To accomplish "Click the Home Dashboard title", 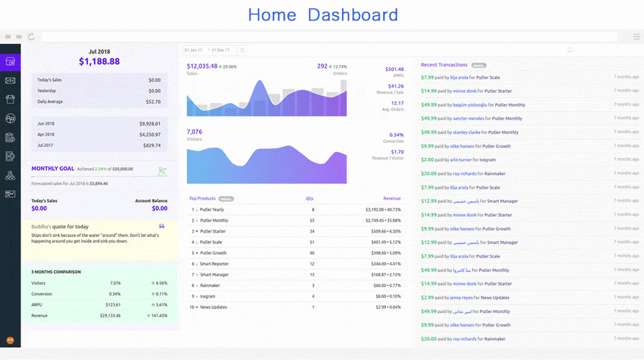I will click(x=323, y=15).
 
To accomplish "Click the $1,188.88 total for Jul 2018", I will click(x=99, y=62).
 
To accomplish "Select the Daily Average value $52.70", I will click(x=153, y=102).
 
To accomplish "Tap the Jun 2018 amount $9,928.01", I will click(x=149, y=124).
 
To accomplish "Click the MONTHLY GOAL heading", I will click(x=53, y=169).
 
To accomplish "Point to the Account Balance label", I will click(x=151, y=201).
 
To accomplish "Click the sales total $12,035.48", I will click(x=202, y=66).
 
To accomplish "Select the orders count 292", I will click(x=322, y=66).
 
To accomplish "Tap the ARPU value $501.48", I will click(x=394, y=69).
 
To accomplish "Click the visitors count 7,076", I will click(x=194, y=132).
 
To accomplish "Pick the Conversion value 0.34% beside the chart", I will click(x=397, y=135).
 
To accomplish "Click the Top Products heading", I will click(x=202, y=198).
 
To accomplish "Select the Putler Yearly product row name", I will click(x=212, y=210).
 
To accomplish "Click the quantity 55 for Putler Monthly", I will click(x=312, y=220).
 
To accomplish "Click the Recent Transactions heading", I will click(x=444, y=65).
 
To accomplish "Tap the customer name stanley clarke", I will click(x=466, y=133).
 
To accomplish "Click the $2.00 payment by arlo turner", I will click(x=428, y=160).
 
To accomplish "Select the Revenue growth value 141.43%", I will click(x=159, y=316).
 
